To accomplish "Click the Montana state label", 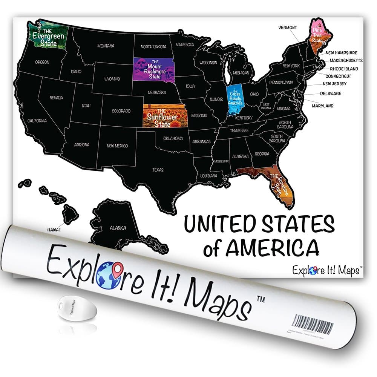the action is coord(106,46).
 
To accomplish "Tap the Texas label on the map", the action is coord(158,170).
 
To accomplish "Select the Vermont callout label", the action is coord(288,28).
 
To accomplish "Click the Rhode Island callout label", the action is coord(344,69).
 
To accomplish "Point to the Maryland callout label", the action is coord(322,106).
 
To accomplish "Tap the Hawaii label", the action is coord(54,229).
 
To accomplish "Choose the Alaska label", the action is coord(118,228).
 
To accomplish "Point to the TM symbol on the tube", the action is coord(261,298).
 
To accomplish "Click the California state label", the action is coord(37,121).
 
